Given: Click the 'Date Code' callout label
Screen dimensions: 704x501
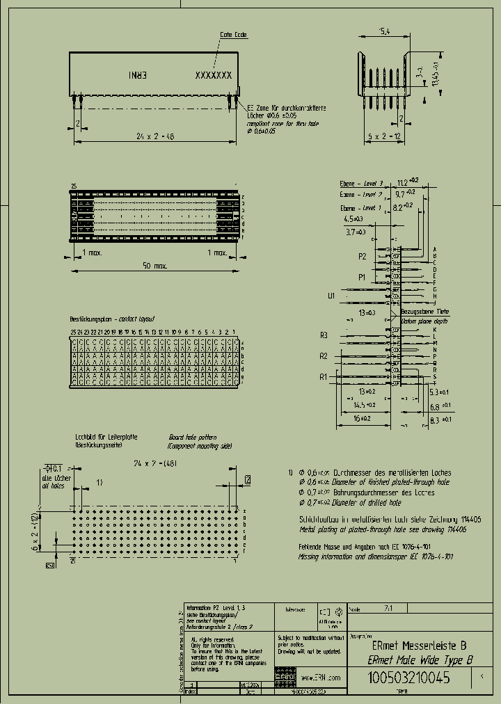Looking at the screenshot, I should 233,34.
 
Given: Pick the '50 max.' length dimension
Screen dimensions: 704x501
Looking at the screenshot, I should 154,266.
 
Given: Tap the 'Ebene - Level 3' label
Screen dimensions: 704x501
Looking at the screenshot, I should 362,183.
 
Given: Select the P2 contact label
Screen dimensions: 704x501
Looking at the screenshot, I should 362,256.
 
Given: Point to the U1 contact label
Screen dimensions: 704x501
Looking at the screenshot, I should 331,296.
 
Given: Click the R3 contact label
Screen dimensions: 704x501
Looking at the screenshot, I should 324,335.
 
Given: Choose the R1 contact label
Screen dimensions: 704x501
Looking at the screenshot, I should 324,376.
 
